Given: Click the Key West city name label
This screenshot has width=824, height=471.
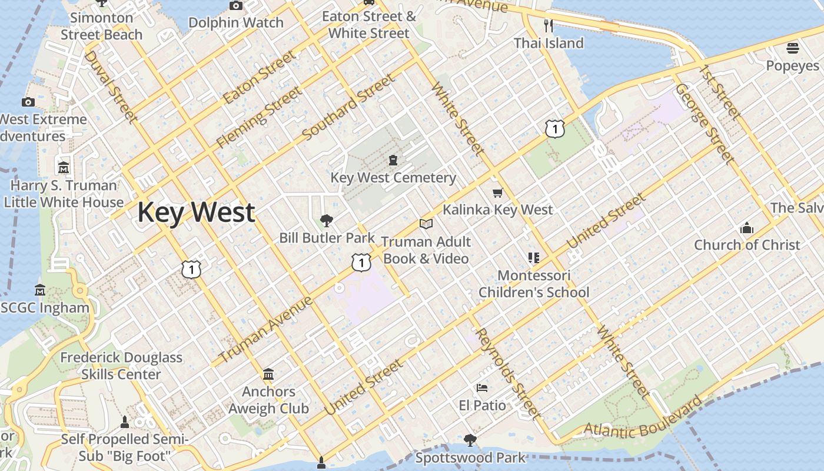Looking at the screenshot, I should tap(196, 213).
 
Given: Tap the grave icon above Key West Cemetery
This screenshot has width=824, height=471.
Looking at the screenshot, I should tap(393, 160).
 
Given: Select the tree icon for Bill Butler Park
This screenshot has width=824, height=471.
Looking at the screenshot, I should tap(326, 221).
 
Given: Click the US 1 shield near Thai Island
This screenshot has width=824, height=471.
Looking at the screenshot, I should tap(554, 128).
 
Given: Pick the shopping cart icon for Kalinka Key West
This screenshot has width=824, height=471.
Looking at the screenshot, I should tap(497, 193).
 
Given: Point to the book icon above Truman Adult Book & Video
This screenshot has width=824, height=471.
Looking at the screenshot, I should tap(426, 224).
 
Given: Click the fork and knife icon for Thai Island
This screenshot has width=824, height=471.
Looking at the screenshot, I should tap(549, 25).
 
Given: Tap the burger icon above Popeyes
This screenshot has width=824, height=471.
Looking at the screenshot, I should tap(793, 48).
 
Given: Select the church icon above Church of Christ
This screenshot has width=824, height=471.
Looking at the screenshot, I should tap(746, 228).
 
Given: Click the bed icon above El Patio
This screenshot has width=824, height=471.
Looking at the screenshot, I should tap(482, 388).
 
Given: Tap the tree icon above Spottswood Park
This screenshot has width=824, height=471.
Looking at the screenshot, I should tap(470, 440).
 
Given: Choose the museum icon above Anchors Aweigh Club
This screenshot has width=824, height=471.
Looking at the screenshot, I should tap(268, 374).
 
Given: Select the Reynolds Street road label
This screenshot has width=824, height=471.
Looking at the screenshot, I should tap(507, 373).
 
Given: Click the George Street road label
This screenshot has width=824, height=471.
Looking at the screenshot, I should tap(705, 124).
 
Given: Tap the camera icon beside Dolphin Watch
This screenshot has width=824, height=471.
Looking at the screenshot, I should tap(235, 6).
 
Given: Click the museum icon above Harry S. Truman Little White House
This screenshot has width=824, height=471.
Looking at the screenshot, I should tap(64, 168).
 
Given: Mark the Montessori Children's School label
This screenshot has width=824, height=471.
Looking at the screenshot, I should tap(534, 284).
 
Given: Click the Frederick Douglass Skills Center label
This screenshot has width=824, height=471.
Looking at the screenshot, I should tap(121, 366).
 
